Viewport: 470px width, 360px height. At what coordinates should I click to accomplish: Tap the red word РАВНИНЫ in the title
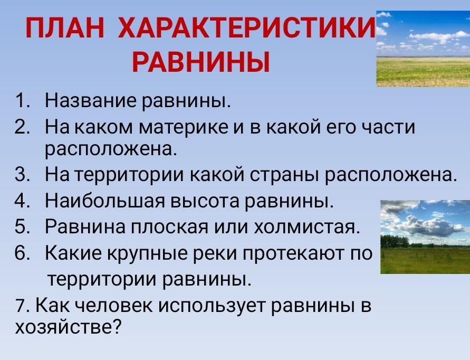click(x=201, y=62)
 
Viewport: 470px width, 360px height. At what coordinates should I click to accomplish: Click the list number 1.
click(x=21, y=101)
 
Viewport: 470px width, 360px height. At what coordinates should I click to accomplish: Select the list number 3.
click(x=21, y=174)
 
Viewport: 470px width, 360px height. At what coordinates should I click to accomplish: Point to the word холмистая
click(x=307, y=227)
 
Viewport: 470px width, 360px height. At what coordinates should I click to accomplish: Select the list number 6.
click(x=21, y=253)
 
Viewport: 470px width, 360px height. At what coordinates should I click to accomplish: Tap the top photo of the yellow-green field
click(x=423, y=49)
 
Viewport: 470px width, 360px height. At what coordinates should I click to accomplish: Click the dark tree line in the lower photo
click(x=395, y=241)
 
